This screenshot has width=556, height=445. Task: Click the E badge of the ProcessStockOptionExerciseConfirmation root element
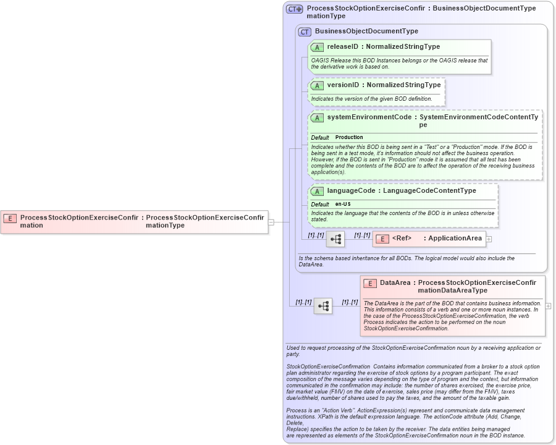[x=10, y=218]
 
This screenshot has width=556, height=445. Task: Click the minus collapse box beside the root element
[x=271, y=222]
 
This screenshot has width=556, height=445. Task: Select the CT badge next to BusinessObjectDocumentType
[x=305, y=32]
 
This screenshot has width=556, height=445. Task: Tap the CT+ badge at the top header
[x=294, y=9]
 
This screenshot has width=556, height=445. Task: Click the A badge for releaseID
[x=317, y=47]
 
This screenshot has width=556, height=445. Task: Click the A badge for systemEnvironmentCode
[x=317, y=117]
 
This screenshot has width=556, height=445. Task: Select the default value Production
[x=349, y=137]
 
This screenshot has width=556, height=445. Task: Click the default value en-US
[x=343, y=204]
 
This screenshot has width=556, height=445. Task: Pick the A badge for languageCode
[x=317, y=191]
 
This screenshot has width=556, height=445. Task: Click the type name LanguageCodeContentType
[x=429, y=191]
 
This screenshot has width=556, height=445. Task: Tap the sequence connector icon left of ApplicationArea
[x=335, y=239]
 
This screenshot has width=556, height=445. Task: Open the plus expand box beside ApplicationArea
[x=489, y=239]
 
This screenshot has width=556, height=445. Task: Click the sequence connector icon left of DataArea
[x=323, y=306]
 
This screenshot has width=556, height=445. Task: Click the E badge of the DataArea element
[x=369, y=283]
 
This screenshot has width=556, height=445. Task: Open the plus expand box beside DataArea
[x=548, y=306]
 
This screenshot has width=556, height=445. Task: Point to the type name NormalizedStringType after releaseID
[x=403, y=47]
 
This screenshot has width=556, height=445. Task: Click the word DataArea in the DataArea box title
[x=395, y=282]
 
